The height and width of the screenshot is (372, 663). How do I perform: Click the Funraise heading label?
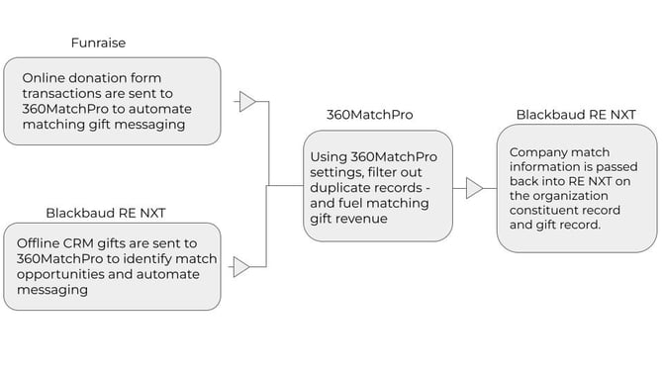(99, 43)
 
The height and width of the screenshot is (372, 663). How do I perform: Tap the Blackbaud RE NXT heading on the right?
(576, 115)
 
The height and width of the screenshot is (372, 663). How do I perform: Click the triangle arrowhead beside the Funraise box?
(247, 101)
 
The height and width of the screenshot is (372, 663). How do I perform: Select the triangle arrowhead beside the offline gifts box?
(241, 266)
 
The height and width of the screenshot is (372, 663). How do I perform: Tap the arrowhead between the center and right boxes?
(475, 188)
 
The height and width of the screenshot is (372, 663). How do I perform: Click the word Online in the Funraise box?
(45, 77)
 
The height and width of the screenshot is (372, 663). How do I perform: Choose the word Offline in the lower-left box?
(44, 242)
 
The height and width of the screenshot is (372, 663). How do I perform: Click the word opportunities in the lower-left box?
(62, 274)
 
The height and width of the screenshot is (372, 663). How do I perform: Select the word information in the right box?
(544, 166)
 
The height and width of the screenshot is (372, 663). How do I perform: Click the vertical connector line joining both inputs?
(269, 184)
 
